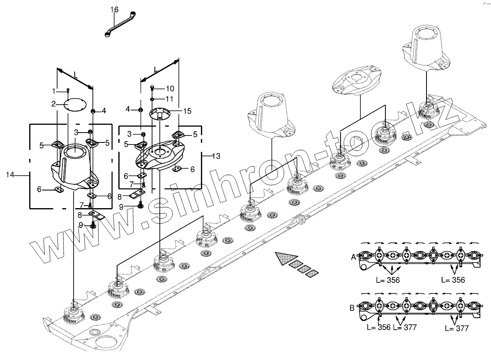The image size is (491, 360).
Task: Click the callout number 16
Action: pyautogui.click(x=115, y=9)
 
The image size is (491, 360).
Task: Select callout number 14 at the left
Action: pyautogui.click(x=10, y=175)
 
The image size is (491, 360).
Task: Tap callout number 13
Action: pyautogui.click(x=216, y=156)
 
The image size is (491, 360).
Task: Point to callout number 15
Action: pyautogui.click(x=187, y=111)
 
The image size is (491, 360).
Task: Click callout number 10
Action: pyautogui.click(x=170, y=89)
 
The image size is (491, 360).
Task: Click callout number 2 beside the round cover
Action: pyautogui.click(x=53, y=104)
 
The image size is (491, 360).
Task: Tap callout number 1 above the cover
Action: pyautogui.click(x=53, y=90)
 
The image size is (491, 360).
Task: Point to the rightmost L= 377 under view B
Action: pyautogui.click(x=456, y=328)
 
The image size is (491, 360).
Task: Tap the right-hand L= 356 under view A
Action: pyautogui.click(x=453, y=280)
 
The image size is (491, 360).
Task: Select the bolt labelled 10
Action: pyautogui.click(x=152, y=87)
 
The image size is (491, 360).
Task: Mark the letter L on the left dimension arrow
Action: pyautogui.click(x=76, y=75)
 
